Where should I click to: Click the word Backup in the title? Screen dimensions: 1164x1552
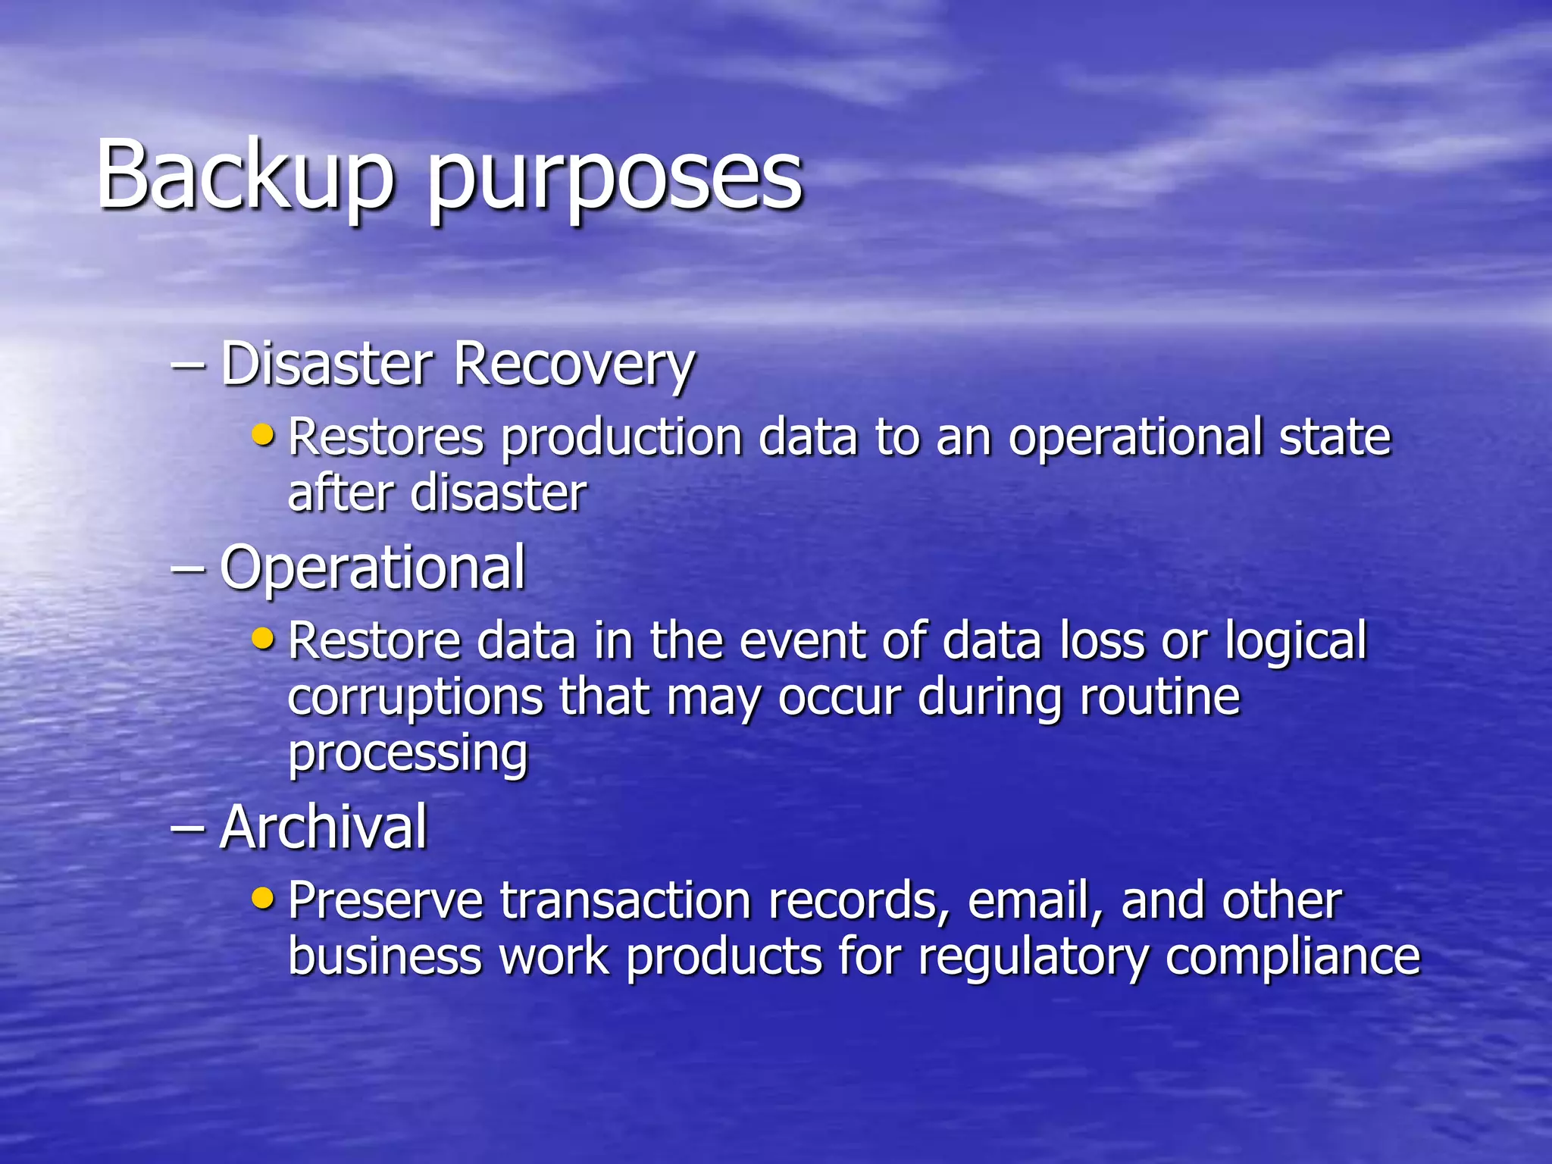[x=245, y=176]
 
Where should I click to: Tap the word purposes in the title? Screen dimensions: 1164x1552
[x=615, y=182]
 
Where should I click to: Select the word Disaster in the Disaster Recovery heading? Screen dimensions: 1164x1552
[x=327, y=364]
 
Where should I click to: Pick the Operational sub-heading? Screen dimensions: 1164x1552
[x=372, y=568]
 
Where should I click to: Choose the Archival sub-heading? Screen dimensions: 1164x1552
[x=324, y=827]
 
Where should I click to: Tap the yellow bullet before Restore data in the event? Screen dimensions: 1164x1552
[x=262, y=638]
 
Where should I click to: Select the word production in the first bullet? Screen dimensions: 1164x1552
[x=621, y=440]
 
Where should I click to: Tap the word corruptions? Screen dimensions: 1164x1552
[x=415, y=698]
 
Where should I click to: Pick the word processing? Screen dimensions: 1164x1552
[x=408, y=755]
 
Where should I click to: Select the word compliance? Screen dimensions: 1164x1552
[x=1293, y=958]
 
